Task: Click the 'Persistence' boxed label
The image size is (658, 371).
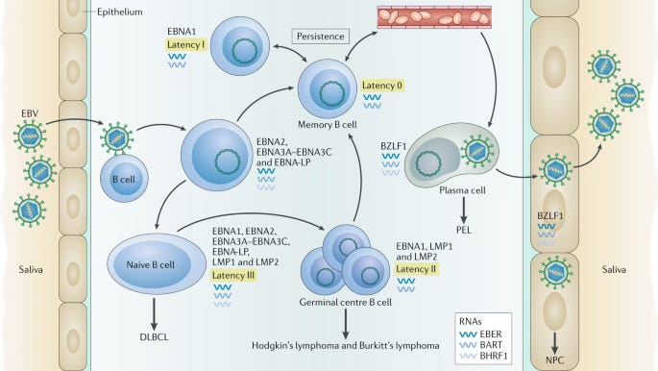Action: click(321, 37)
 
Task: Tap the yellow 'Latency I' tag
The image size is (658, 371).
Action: click(186, 45)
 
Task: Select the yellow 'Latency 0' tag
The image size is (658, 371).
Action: click(382, 86)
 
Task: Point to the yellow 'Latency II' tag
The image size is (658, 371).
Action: click(416, 269)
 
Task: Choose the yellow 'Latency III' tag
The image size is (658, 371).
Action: click(233, 275)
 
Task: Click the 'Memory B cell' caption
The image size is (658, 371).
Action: click(328, 125)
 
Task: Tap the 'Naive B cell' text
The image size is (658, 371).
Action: click(150, 265)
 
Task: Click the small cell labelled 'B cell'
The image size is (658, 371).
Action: click(124, 179)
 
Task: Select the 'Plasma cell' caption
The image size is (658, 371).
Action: click(462, 190)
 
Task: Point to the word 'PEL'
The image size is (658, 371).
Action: click(464, 230)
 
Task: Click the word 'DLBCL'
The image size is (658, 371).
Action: click(154, 337)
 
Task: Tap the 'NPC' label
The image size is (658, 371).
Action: click(555, 360)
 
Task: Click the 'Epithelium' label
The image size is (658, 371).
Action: click(120, 12)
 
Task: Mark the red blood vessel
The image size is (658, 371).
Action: click(434, 17)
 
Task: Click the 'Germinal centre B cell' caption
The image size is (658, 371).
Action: click(346, 302)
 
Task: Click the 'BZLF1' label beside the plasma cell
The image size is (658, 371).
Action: click(393, 146)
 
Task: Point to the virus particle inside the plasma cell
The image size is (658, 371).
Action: click(477, 152)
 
